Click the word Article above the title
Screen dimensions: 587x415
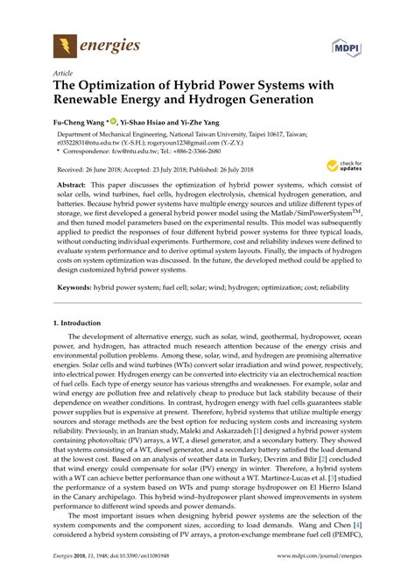pos(63,74)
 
